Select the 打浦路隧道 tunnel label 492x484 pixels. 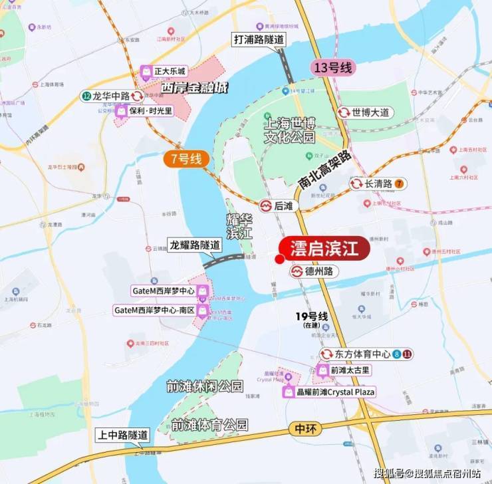coord(259,39)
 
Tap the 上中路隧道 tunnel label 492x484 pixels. coord(122,434)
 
